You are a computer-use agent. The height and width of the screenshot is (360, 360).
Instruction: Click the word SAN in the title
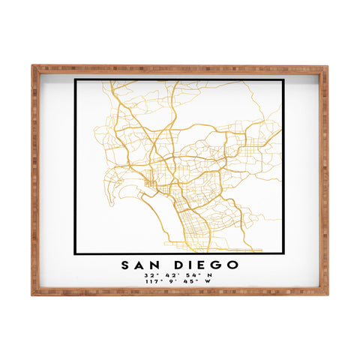[139, 264]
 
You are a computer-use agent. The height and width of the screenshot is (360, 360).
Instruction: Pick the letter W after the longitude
[208, 282]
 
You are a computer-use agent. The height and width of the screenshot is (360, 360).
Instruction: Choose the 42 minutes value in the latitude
[171, 275]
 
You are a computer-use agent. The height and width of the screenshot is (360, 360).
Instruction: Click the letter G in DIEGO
[216, 264]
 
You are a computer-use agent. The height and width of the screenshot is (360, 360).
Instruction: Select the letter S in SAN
[124, 264]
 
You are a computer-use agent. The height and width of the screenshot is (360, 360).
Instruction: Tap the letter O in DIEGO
[232, 264]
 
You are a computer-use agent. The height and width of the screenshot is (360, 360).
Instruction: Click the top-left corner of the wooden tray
[32, 66]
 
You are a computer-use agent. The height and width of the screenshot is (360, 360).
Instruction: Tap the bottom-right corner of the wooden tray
[327, 293]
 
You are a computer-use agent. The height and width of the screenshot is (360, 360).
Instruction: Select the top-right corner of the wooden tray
[327, 66]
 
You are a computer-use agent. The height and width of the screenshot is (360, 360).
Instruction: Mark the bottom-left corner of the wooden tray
[32, 293]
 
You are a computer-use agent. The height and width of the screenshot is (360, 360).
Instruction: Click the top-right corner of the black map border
[283, 79]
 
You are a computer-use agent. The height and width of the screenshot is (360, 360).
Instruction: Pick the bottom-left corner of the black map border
[76, 253]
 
